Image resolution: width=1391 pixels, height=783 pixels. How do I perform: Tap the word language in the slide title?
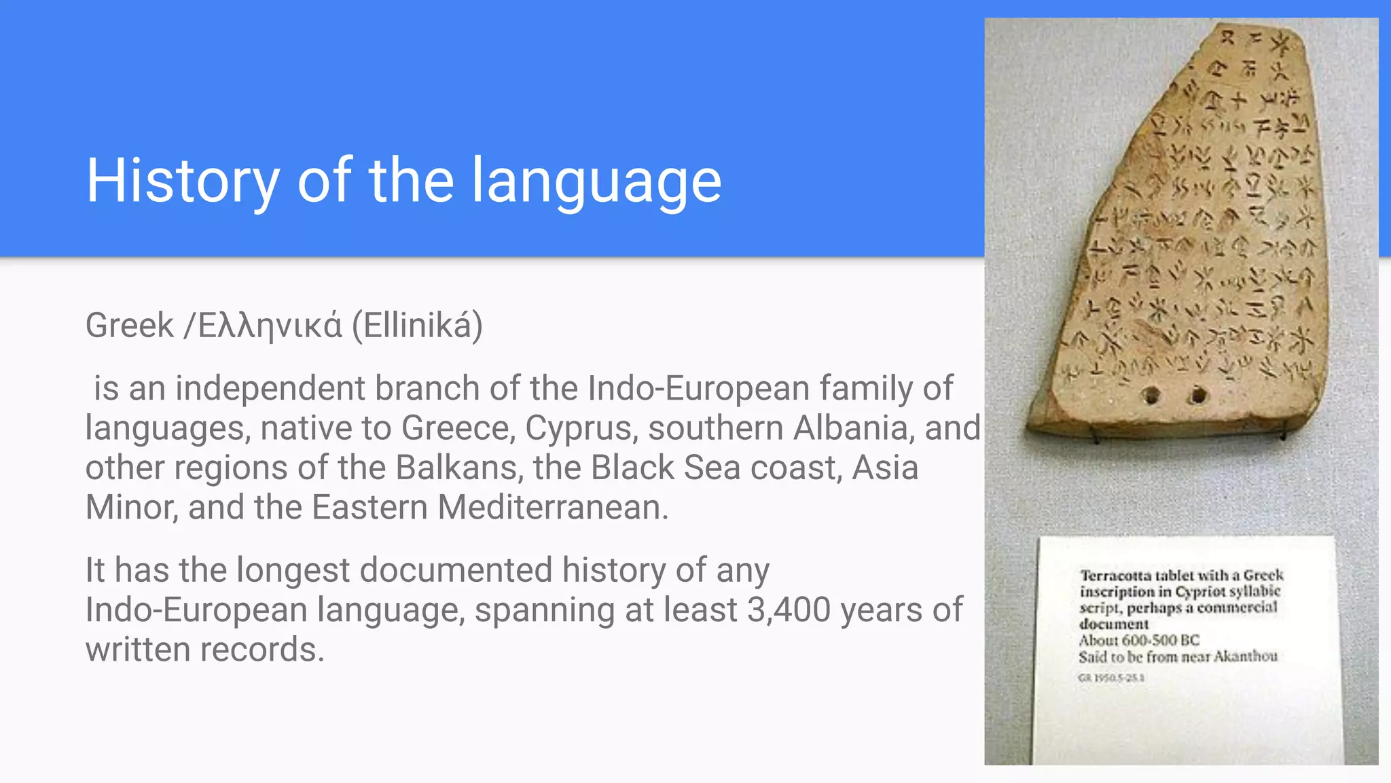[596, 181]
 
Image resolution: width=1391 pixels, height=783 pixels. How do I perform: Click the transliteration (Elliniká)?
[417, 326]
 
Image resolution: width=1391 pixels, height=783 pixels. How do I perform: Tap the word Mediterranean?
[553, 508]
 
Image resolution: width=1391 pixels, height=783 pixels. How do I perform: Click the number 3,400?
[789, 610]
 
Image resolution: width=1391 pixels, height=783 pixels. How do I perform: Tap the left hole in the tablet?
[1151, 395]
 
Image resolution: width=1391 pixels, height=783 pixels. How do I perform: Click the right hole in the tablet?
[1198, 394]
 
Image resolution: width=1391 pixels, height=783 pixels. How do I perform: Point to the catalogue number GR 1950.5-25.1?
[1111, 678]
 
